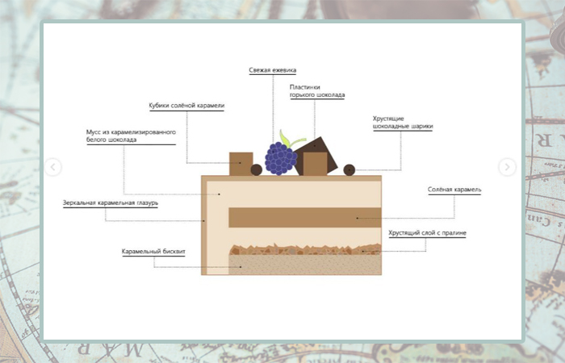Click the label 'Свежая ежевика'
coord(271,71)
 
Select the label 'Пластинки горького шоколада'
coord(318,91)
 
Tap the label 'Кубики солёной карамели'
coord(186,106)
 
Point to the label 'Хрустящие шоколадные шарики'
coord(402,122)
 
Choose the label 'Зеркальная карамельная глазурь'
coord(111,202)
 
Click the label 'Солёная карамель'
coord(454,190)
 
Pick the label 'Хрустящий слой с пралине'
coord(427,233)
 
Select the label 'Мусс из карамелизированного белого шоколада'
coord(131,136)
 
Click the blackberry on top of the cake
coord(281,159)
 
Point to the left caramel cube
coord(241,163)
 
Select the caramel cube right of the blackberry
coord(314,164)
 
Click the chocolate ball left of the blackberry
coord(257,169)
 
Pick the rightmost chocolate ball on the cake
coord(349,169)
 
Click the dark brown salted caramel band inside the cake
coord(304,218)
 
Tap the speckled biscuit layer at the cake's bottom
coord(304,264)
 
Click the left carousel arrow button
coord(53,167)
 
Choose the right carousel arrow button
coord(507,167)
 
